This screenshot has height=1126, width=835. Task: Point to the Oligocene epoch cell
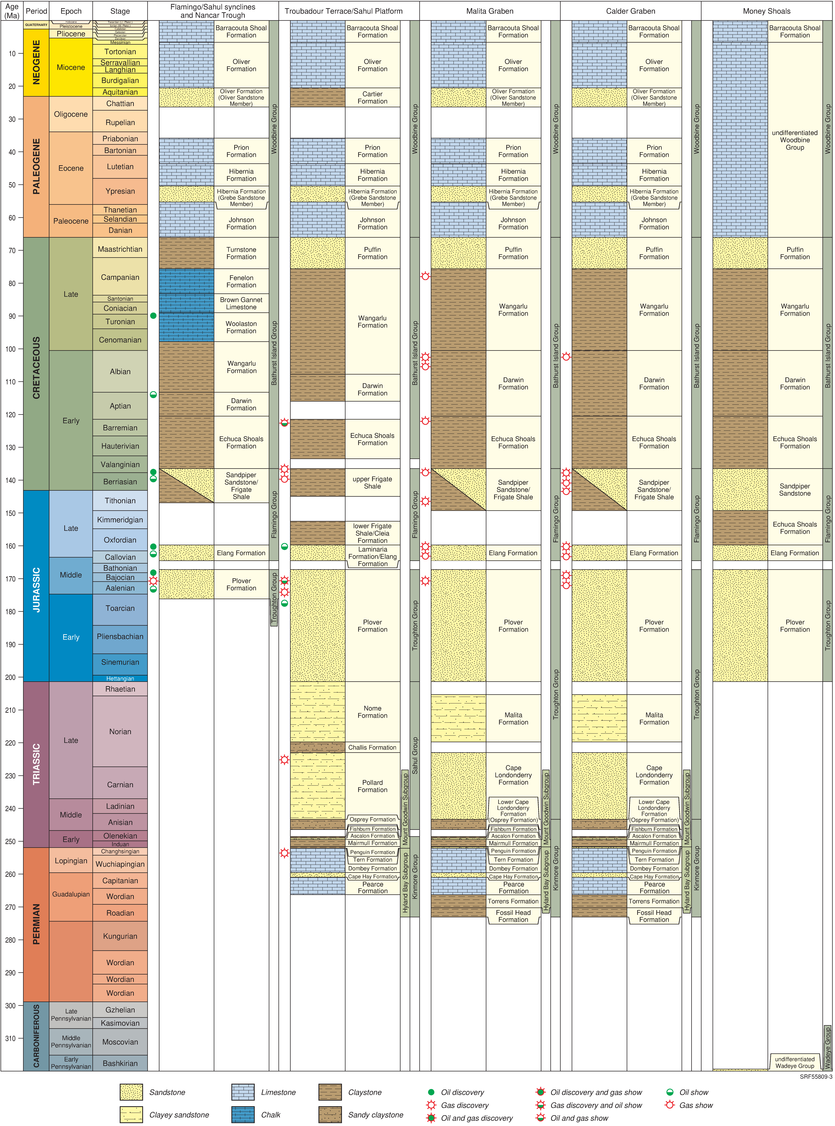[x=71, y=114]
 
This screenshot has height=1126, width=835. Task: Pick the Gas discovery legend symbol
[x=431, y=1105]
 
